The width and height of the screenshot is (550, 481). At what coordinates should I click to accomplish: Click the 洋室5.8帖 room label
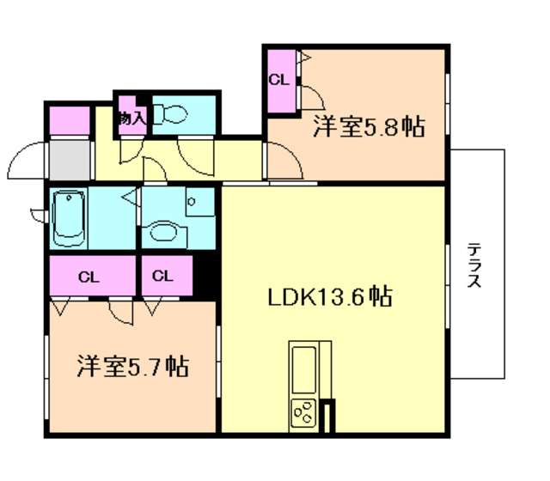pos(369,128)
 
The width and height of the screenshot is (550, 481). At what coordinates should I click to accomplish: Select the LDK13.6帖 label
pos(330,297)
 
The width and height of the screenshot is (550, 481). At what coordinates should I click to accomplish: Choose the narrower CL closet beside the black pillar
pos(163,277)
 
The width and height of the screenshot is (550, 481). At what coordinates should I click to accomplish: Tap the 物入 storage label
pos(131,117)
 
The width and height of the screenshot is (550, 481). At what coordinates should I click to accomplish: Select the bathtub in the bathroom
pos(68,218)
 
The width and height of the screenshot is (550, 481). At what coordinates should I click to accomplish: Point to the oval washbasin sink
pos(162,230)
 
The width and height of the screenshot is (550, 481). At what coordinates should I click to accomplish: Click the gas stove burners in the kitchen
pos(303,414)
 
